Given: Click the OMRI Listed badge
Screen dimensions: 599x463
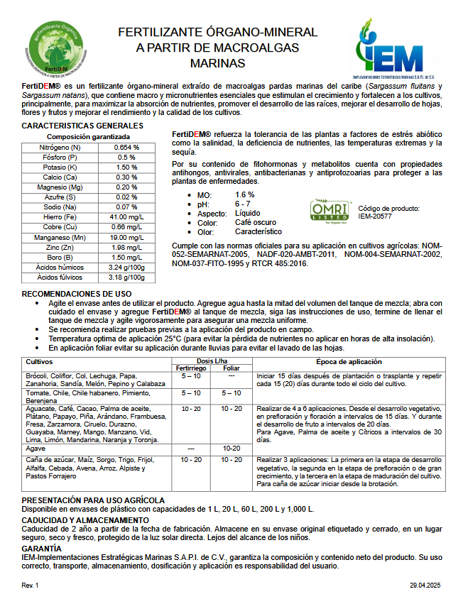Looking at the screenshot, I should point(331,211).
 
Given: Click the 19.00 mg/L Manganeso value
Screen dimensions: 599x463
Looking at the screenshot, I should point(127,237).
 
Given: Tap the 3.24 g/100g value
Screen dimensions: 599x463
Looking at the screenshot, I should point(127,267).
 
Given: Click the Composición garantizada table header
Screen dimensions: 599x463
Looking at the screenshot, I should point(88,136).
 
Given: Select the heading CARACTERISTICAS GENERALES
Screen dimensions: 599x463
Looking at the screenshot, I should point(83,126).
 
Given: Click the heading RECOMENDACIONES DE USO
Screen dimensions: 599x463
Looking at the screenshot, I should point(77,293).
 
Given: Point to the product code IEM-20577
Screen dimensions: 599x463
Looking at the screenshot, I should point(375,216).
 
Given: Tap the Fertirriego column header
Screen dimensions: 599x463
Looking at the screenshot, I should point(191,368).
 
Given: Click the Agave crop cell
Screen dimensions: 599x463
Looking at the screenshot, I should point(36,449).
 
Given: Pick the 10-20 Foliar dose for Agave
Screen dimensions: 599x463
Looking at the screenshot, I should point(231,449).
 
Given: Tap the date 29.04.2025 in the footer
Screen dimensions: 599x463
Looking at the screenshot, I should point(425,586).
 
